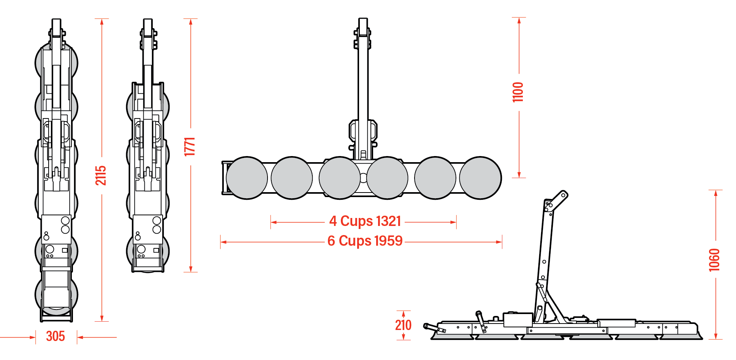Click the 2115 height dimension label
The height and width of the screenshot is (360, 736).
(x=101, y=175)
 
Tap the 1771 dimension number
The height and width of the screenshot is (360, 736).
(x=190, y=147)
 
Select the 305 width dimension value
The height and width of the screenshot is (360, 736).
(x=55, y=336)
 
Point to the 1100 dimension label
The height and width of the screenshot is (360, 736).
(x=518, y=92)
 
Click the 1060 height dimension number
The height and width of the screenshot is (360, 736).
(x=714, y=260)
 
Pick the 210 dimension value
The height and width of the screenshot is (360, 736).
(x=403, y=325)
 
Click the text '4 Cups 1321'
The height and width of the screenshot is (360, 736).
(x=365, y=221)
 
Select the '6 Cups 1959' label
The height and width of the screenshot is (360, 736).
(x=365, y=241)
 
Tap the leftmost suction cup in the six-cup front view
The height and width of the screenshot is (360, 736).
(x=247, y=178)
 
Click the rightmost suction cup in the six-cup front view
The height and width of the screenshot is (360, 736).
(x=481, y=178)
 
